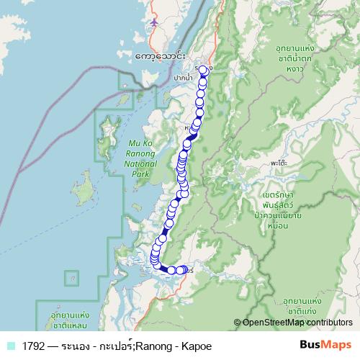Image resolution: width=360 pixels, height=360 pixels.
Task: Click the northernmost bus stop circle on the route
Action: point(203,70)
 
